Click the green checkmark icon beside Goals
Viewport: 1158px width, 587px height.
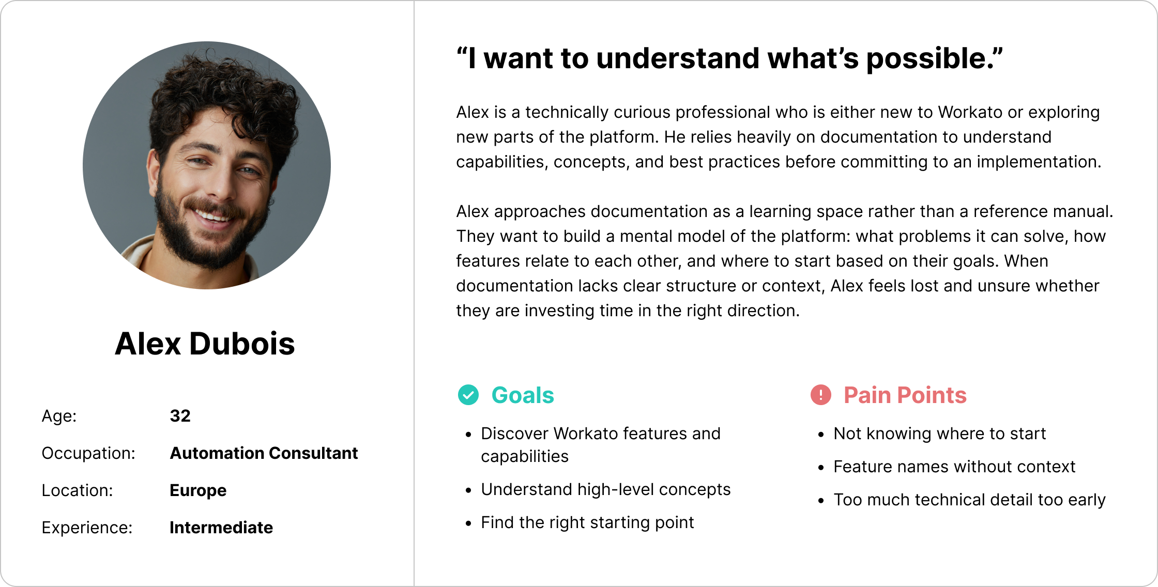coord(468,395)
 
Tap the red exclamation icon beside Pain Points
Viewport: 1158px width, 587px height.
coord(821,395)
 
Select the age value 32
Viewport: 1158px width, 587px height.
coord(180,416)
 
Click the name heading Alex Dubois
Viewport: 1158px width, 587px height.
coord(205,344)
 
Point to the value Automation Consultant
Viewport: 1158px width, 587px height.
coord(264,453)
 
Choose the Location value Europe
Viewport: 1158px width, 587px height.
coord(198,490)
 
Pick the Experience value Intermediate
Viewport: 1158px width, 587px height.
coord(221,528)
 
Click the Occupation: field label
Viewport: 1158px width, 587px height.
coord(88,453)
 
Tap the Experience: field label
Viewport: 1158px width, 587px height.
coord(87,528)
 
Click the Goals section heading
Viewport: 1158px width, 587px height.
coord(523,395)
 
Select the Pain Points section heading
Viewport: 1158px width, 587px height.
coord(905,395)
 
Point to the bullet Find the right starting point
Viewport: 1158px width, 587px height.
coord(587,522)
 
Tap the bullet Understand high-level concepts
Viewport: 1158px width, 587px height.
coord(606,489)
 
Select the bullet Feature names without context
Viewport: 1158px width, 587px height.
coord(954,467)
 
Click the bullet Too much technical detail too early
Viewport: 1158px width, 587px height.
coord(970,500)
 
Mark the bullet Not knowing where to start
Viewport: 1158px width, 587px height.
coord(940,434)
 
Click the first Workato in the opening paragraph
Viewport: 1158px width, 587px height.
coord(971,112)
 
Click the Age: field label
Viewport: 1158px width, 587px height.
coord(59,416)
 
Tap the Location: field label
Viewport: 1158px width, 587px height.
coord(78,490)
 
